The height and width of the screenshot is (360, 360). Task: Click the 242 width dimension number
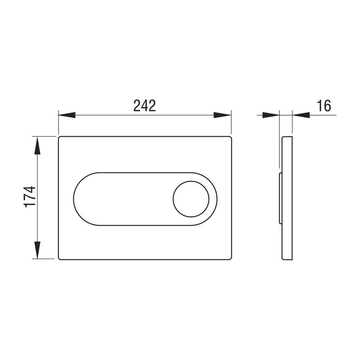tap(144, 106)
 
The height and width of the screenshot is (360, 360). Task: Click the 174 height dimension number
tap(30, 197)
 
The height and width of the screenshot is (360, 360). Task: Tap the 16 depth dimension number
tap(324, 106)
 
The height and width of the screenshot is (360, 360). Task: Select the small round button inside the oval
tap(191, 199)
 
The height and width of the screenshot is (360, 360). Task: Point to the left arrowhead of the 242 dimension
tap(67, 115)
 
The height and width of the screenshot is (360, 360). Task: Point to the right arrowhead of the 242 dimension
tap(222, 115)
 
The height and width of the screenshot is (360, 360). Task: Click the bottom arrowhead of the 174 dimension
tap(37, 250)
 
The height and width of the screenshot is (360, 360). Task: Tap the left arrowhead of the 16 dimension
tap(271, 115)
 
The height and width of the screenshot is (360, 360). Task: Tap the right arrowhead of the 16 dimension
tap(301, 115)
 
